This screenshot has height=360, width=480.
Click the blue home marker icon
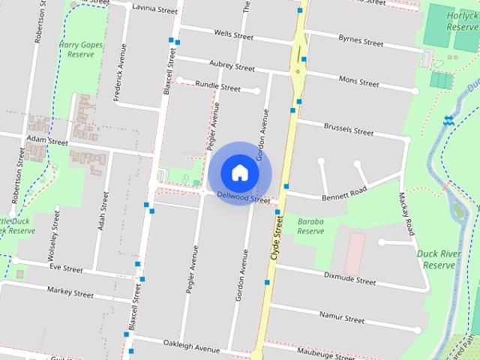[239, 173]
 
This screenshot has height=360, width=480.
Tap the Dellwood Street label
[243, 198]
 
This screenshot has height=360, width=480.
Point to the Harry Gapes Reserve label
[81, 49]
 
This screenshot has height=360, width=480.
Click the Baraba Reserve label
[310, 226]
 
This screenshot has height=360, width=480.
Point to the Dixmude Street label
[349, 278]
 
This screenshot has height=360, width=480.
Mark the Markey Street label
[70, 292]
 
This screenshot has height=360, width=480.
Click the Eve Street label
[66, 268]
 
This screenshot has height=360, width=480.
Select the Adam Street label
[46, 140]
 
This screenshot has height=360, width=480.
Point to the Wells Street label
[233, 34]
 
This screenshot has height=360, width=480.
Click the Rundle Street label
[217, 87]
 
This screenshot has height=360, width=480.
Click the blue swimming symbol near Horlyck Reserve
[448, 120]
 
